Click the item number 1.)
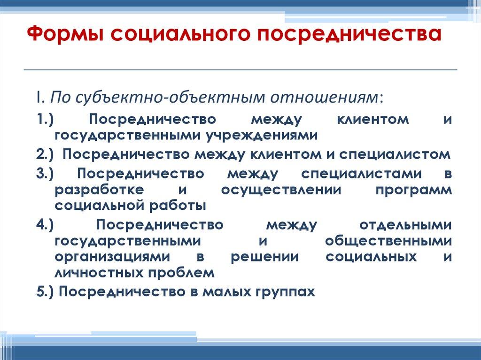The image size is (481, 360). click(x=45, y=120)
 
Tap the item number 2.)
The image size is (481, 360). click(x=45, y=154)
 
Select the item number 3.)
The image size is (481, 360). click(x=45, y=174)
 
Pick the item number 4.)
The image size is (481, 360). click(x=45, y=225)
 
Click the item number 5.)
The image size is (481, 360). click(x=45, y=291)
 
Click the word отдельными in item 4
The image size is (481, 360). click(x=405, y=225)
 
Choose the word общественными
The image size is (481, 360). click(x=388, y=241)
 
